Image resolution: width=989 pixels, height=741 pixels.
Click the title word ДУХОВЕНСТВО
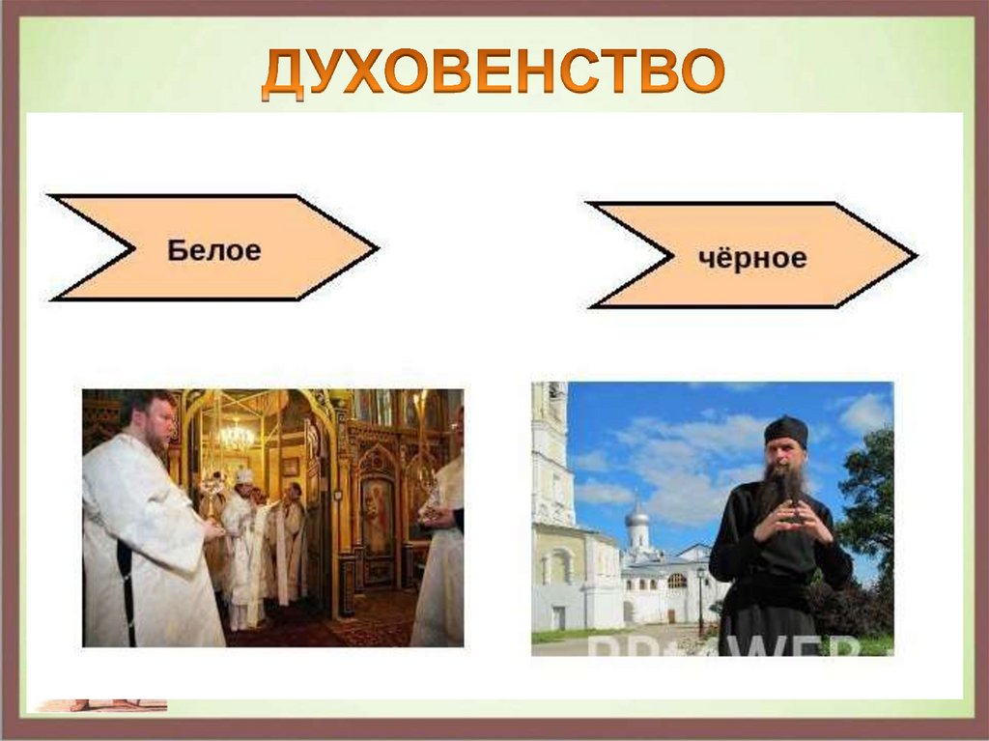pos(494,73)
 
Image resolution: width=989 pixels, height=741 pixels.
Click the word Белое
pos(214,250)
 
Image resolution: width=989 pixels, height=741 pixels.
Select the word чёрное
pos(752,258)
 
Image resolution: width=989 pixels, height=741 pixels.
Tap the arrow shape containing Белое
pos(213,248)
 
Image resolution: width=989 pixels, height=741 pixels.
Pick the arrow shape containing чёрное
pos(751,256)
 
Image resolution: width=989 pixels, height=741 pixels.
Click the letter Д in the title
pos(284,74)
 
